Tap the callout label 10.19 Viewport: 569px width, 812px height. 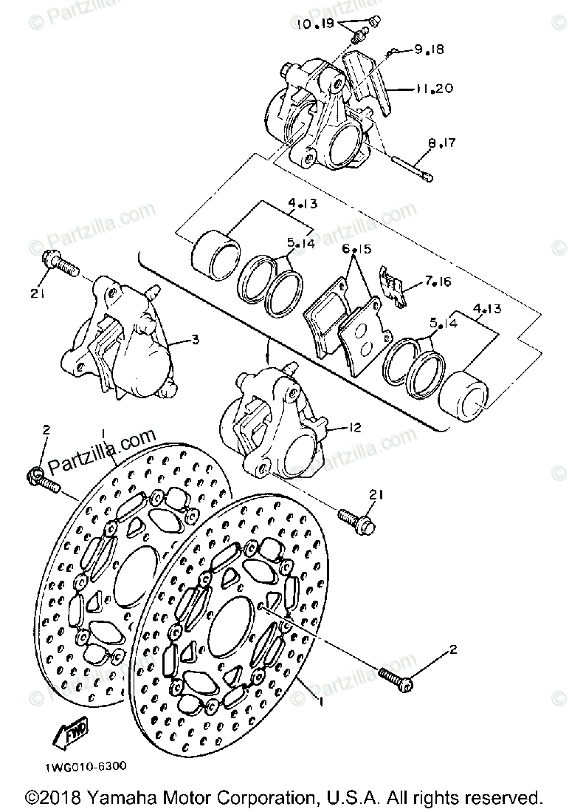pyautogui.click(x=317, y=24)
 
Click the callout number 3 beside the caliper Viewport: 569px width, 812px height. pyautogui.click(x=194, y=340)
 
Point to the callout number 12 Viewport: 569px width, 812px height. pyautogui.click(x=355, y=428)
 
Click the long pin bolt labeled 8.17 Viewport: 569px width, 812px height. pyautogui.click(x=409, y=166)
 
